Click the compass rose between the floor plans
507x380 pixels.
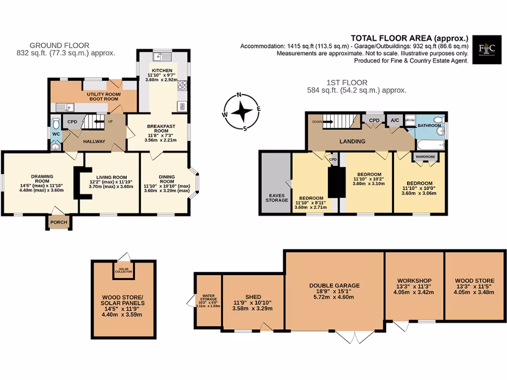click(x=241, y=111)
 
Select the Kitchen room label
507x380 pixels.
click(x=162, y=70)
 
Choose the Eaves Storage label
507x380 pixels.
click(x=277, y=197)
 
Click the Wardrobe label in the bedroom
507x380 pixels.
click(x=425, y=157)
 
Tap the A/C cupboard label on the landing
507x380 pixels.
click(x=395, y=120)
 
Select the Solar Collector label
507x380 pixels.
click(x=124, y=270)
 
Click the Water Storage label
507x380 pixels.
click(x=208, y=299)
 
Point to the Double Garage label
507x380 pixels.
click(x=334, y=285)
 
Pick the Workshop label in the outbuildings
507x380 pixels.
click(x=414, y=281)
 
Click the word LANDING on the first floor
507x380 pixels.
click(x=352, y=142)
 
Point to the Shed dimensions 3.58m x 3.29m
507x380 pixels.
click(x=253, y=308)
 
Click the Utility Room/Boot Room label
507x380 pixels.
click(x=103, y=96)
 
